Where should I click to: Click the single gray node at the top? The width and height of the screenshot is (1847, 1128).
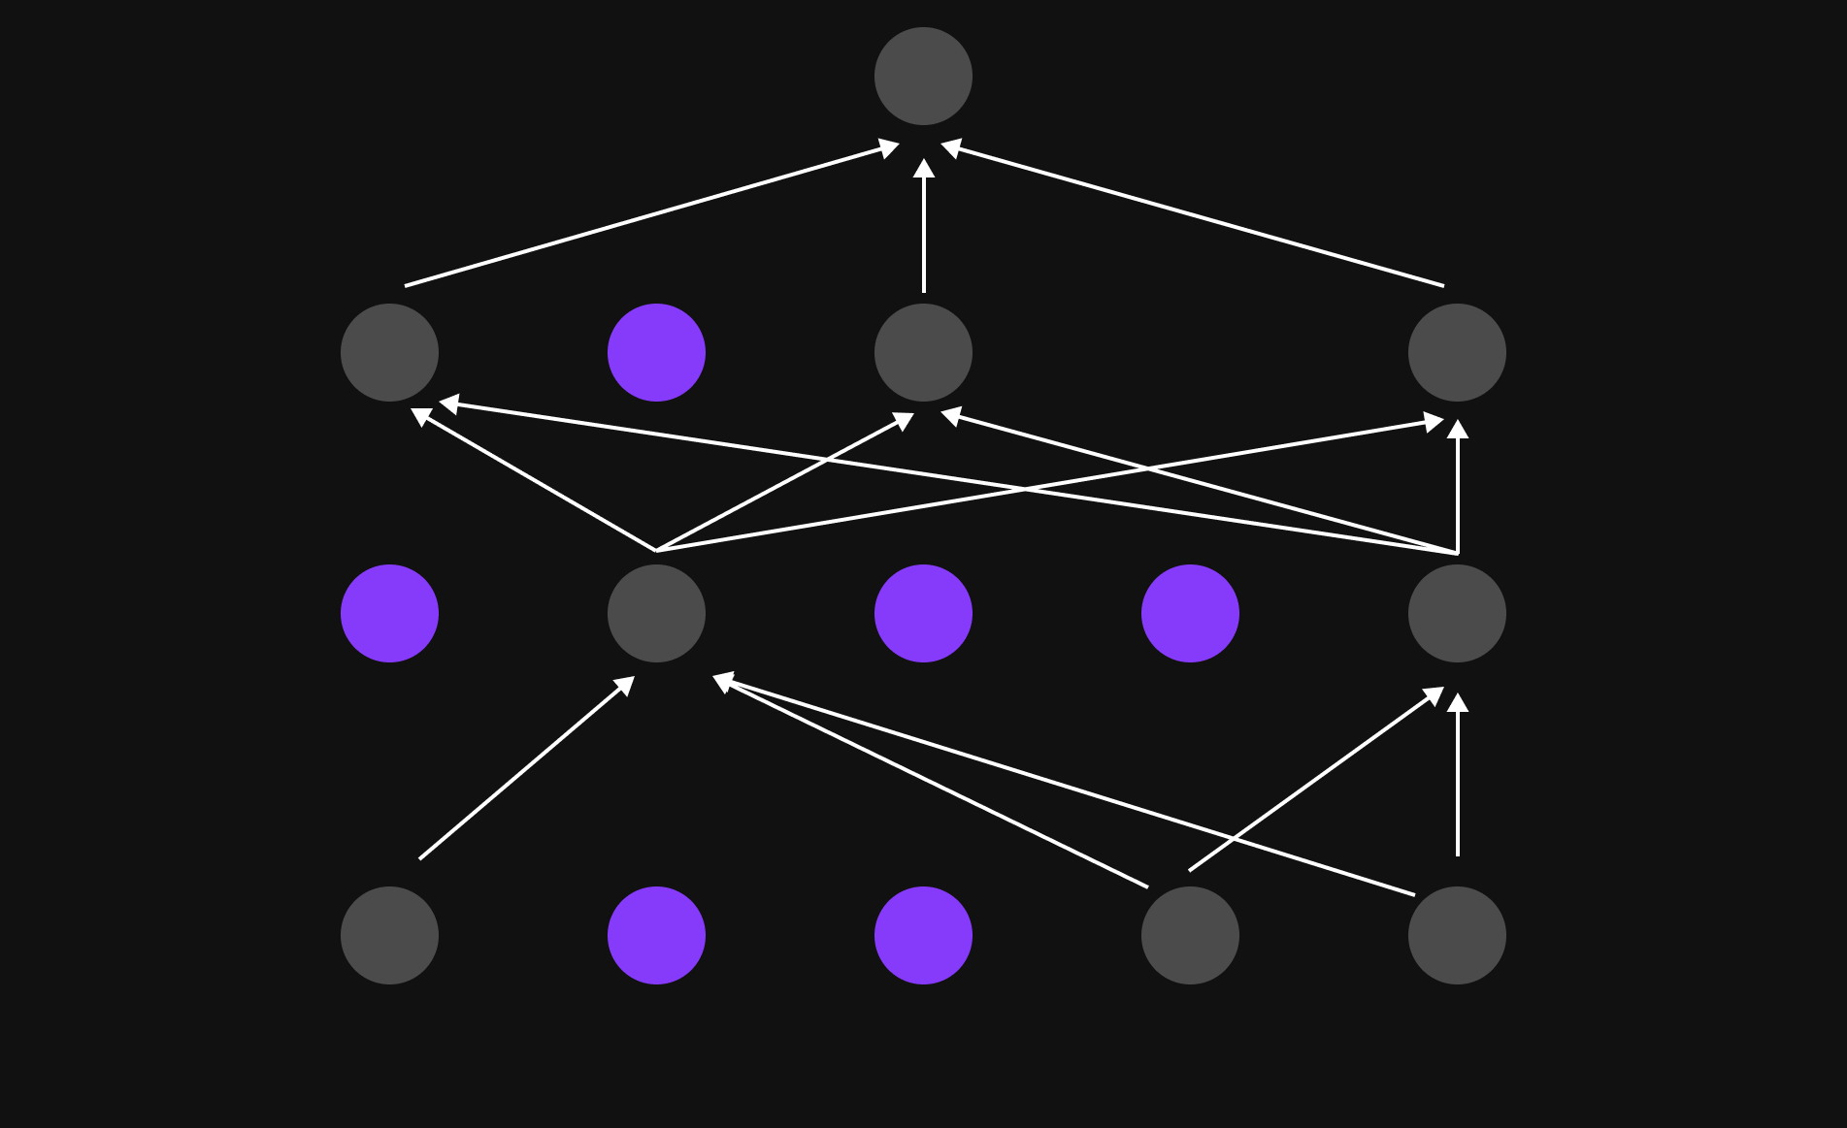[923, 76]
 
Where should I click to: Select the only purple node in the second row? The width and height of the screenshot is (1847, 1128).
[656, 352]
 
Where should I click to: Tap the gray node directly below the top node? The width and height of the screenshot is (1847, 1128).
[923, 352]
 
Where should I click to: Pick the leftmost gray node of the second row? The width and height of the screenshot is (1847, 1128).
[389, 352]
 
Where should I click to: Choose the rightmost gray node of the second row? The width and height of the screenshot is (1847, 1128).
[1457, 352]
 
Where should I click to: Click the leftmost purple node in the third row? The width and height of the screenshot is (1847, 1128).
[389, 613]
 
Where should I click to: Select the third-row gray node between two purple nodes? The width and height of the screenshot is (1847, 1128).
[656, 613]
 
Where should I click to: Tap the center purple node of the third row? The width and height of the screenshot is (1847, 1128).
[923, 613]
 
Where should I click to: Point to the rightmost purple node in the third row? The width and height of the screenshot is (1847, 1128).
[1190, 613]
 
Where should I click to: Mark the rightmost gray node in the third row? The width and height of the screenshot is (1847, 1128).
[1457, 613]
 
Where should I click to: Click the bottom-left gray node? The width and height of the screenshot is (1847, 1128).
[389, 935]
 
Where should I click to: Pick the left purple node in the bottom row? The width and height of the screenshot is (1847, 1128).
[656, 935]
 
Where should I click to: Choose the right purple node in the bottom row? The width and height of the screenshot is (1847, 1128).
[923, 935]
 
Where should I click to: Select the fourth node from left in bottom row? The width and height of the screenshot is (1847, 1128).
[1190, 935]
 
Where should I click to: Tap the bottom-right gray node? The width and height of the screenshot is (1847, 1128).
[1457, 935]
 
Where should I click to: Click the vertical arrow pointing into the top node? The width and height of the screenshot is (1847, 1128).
[923, 228]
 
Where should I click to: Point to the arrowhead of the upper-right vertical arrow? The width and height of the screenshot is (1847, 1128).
[1457, 430]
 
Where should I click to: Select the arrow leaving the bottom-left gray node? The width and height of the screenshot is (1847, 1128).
[525, 769]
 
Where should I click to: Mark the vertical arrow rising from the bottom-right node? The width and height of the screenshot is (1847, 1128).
[1457, 776]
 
